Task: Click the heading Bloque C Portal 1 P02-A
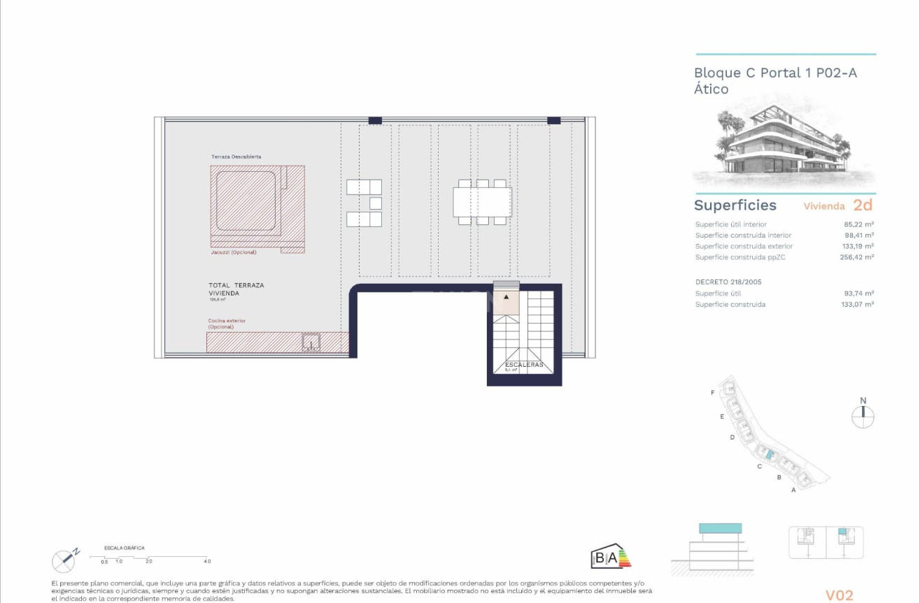[775, 73]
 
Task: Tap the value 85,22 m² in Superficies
[859, 224]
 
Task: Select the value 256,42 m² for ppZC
[858, 257]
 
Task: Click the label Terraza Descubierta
[236, 157]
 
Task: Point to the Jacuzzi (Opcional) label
[234, 252]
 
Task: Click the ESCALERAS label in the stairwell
[524, 365]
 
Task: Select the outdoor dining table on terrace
[482, 202]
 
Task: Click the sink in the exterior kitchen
[311, 342]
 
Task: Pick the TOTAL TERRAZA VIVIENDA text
[236, 289]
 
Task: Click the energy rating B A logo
[610, 557]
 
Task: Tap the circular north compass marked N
[863, 416]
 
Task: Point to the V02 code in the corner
[839, 595]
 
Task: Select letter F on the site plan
[712, 393]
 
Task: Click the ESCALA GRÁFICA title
[124, 548]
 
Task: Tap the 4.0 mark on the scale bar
[207, 562]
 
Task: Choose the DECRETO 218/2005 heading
[728, 282]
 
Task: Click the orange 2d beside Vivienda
[863, 205]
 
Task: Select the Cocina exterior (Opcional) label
[227, 324]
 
